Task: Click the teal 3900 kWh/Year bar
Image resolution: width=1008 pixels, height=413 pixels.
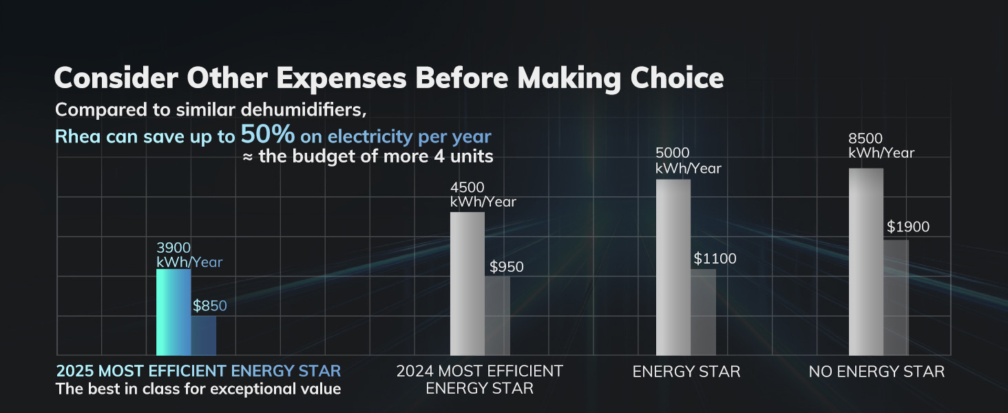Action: (174, 312)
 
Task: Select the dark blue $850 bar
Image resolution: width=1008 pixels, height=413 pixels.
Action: (204, 335)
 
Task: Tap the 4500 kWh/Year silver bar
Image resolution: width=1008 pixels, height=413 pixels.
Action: (468, 283)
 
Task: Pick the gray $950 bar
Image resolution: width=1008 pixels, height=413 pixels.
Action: (497, 315)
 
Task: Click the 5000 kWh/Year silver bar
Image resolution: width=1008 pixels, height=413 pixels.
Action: (673, 267)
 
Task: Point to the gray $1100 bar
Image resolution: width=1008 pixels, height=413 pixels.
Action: (703, 312)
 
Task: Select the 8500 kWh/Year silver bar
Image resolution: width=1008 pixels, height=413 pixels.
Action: (865, 262)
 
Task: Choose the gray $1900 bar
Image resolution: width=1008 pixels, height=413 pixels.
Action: (896, 297)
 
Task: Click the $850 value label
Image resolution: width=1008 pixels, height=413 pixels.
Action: (209, 306)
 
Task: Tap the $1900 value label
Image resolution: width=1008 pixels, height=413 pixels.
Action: (907, 227)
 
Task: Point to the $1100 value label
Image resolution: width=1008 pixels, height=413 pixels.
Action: (715, 259)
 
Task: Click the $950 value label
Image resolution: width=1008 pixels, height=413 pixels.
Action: (506, 267)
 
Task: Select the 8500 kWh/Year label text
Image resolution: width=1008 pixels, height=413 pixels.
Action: (881, 146)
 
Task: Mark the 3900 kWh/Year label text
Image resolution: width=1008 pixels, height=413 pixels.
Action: (189, 255)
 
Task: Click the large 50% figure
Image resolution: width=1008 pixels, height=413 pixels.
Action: (267, 134)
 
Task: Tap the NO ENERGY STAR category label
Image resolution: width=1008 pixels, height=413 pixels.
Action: (876, 372)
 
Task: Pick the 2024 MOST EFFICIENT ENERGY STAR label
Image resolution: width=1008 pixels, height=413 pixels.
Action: (479, 379)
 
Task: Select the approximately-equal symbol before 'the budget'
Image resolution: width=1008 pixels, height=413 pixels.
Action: (248, 156)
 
